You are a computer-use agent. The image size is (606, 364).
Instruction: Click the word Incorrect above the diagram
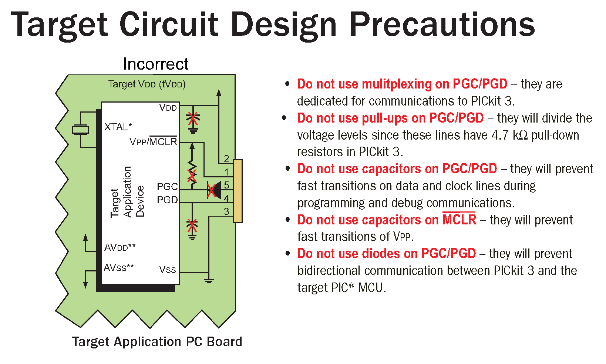click(x=155, y=64)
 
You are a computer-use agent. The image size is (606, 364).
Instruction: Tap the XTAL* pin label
click(x=118, y=127)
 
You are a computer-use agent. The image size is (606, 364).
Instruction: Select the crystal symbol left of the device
click(x=80, y=130)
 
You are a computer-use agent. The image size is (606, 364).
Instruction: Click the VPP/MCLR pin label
click(x=153, y=142)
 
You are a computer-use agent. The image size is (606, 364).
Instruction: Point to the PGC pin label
click(x=167, y=186)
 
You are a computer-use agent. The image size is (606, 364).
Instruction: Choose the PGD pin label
click(x=167, y=200)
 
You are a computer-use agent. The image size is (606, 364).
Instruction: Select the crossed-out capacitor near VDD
click(x=192, y=119)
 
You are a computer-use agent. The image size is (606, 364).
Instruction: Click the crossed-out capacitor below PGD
click(x=192, y=225)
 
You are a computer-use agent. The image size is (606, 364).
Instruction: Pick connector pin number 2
click(x=226, y=158)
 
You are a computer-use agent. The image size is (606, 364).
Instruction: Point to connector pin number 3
click(x=226, y=211)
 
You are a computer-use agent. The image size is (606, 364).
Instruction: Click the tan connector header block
click(x=238, y=191)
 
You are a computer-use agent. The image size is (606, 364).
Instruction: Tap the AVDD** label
click(x=120, y=247)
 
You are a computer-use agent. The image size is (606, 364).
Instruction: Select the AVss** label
click(x=119, y=267)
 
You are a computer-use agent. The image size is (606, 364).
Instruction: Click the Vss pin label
click(x=167, y=270)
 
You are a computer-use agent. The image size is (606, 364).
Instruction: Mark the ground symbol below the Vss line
click(x=209, y=280)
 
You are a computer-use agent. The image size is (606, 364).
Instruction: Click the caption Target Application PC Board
click(x=157, y=341)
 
